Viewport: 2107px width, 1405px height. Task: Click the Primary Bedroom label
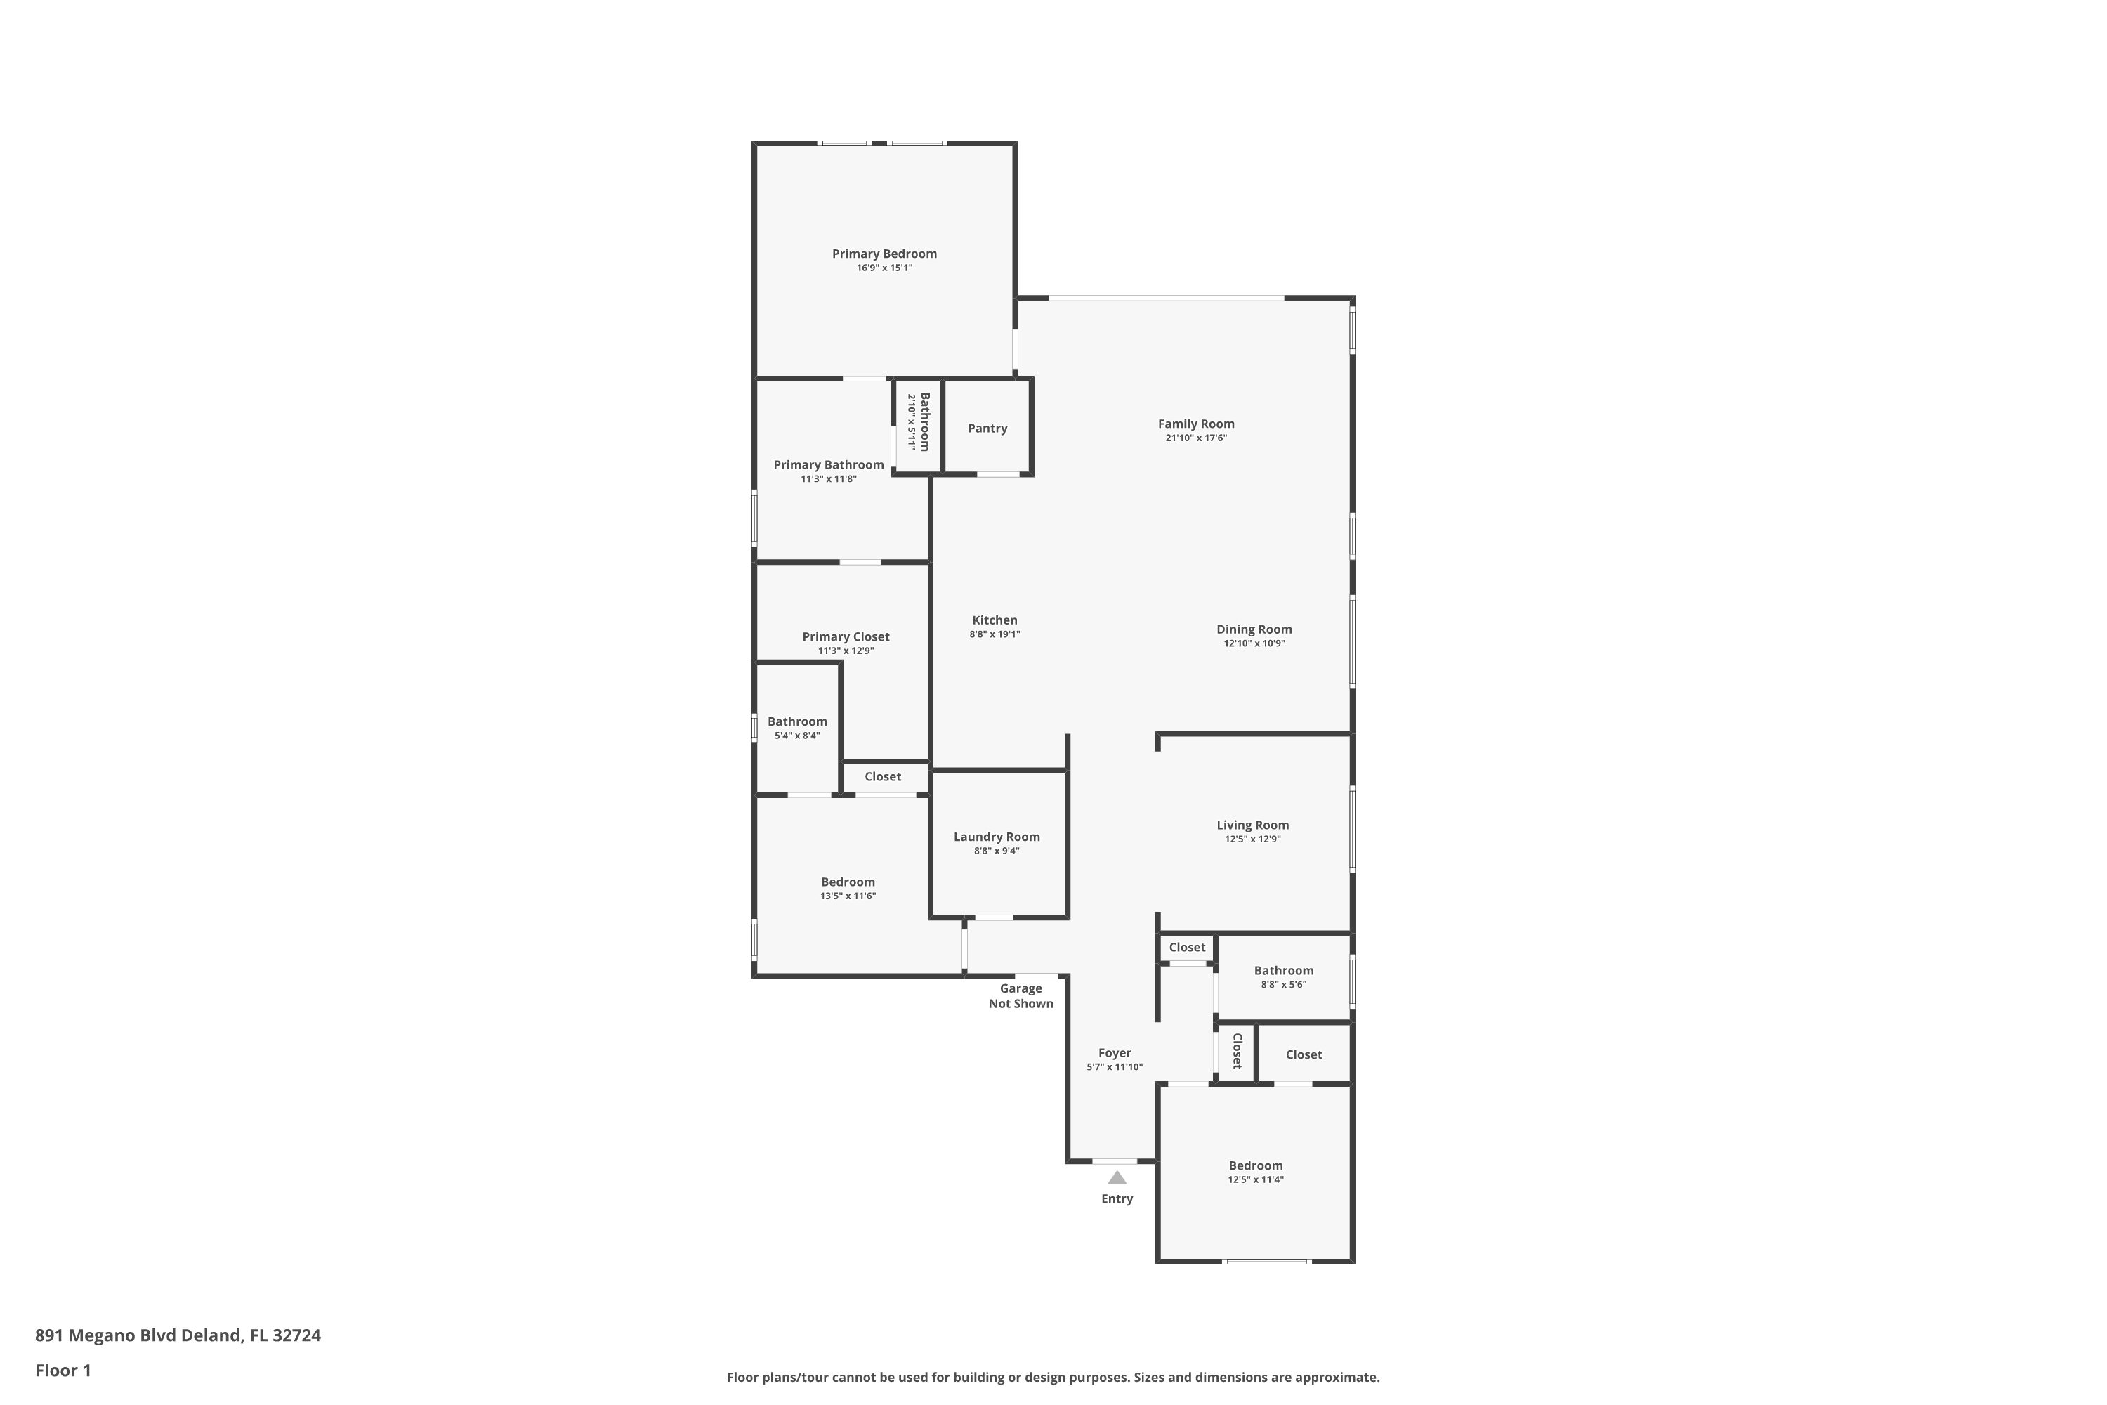click(x=884, y=254)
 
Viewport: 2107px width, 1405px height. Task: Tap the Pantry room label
click(x=987, y=429)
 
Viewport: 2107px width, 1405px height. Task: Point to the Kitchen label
click(x=995, y=620)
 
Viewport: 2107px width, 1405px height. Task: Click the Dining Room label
click(x=1254, y=629)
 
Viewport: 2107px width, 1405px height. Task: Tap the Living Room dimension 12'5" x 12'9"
click(x=1252, y=839)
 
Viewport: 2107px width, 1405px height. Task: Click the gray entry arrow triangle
click(x=1117, y=1177)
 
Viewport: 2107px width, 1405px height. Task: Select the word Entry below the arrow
click(x=1117, y=1199)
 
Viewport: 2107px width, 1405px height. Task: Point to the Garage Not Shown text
click(x=1021, y=996)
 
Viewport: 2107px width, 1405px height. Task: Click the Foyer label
click(x=1115, y=1053)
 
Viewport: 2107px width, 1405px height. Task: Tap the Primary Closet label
click(x=846, y=637)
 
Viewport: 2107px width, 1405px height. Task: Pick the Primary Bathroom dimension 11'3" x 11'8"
click(x=829, y=479)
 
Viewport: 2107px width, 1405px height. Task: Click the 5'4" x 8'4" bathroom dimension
click(x=797, y=736)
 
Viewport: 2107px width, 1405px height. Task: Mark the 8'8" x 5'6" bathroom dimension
click(x=1284, y=985)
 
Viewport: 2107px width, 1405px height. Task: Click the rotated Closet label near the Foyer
click(x=1237, y=1051)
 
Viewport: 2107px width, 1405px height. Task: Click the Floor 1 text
click(x=63, y=1370)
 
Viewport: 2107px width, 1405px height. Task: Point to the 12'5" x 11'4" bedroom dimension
click(x=1255, y=1180)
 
